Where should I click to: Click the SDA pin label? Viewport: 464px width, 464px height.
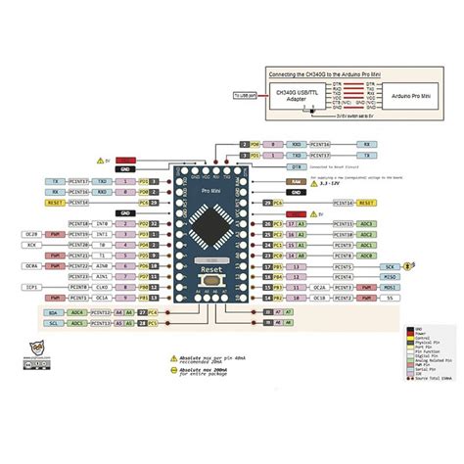(54, 311)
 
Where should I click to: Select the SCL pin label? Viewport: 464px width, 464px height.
(54, 322)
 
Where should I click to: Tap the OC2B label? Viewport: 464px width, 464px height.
(31, 235)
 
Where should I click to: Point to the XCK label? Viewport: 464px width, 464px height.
(31, 246)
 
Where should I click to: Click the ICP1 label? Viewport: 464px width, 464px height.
(31, 288)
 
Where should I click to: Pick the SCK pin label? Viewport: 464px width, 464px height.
(389, 266)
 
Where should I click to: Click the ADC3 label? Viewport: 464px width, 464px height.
(367, 224)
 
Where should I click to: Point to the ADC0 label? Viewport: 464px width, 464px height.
(367, 255)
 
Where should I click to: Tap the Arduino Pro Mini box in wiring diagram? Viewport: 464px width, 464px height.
(405, 95)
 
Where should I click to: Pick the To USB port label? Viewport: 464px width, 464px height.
(242, 95)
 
